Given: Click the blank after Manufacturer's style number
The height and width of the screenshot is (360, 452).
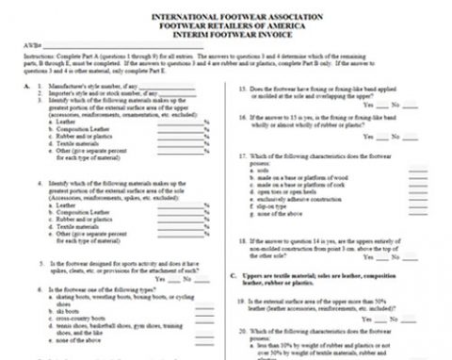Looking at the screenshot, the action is [x=167, y=87].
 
